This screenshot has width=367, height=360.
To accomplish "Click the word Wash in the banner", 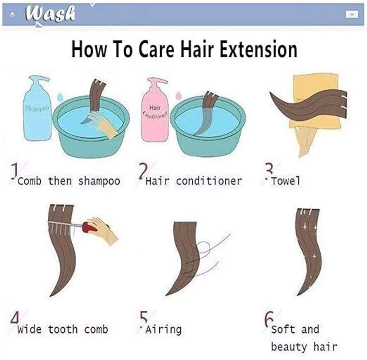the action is (x=51, y=14).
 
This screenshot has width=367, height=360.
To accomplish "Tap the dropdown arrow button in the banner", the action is (x=352, y=14).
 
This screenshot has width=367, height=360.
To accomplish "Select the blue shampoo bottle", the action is (x=37, y=109).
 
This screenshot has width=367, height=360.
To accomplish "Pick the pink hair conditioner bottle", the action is (x=155, y=110).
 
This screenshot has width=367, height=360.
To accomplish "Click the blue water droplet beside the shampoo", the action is (x=60, y=96).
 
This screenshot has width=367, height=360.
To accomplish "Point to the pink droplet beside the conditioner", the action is (x=179, y=95).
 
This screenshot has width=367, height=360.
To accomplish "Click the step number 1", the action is (x=15, y=171).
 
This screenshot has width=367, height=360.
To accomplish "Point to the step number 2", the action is (x=143, y=171).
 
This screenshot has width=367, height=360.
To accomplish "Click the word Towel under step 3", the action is (x=285, y=181).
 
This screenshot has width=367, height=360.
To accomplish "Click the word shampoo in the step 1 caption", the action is (x=99, y=181).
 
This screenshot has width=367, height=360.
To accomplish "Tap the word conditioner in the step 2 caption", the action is (x=209, y=181).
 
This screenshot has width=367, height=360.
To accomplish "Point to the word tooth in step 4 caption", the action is (x=63, y=329).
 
